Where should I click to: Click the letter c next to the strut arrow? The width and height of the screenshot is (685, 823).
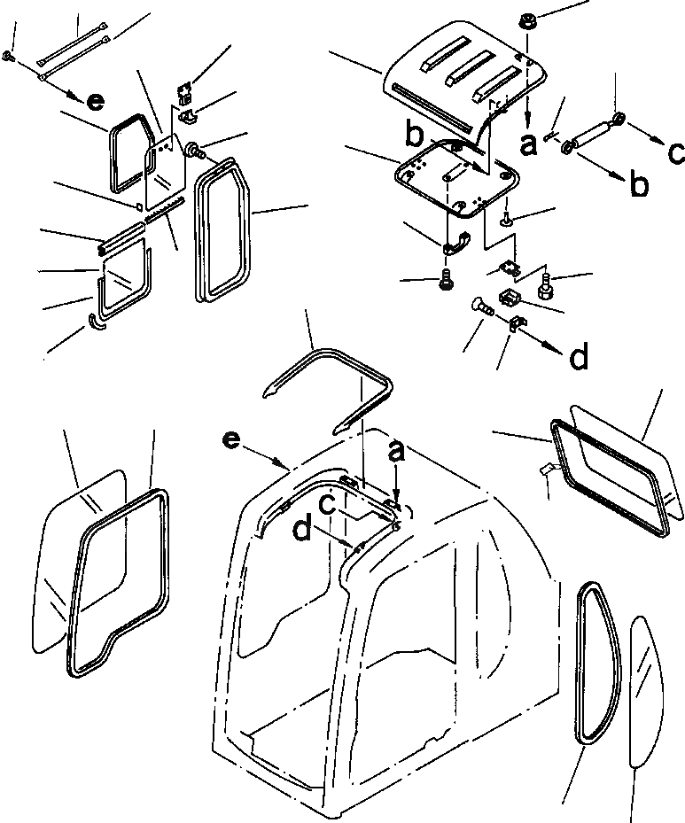676,153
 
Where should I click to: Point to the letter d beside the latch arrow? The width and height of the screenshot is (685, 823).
578,358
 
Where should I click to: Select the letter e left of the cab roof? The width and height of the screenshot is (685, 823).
231,439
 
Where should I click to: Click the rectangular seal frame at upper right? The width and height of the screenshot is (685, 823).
607,478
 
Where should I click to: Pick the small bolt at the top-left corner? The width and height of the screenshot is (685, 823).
8,57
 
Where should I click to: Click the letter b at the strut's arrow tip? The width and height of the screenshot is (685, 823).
639,186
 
